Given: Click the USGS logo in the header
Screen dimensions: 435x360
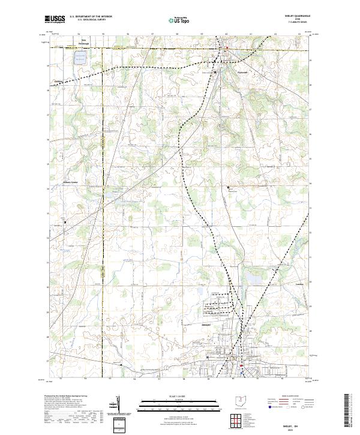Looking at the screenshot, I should point(56,20).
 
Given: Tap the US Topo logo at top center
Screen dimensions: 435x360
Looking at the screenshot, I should point(180,20).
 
